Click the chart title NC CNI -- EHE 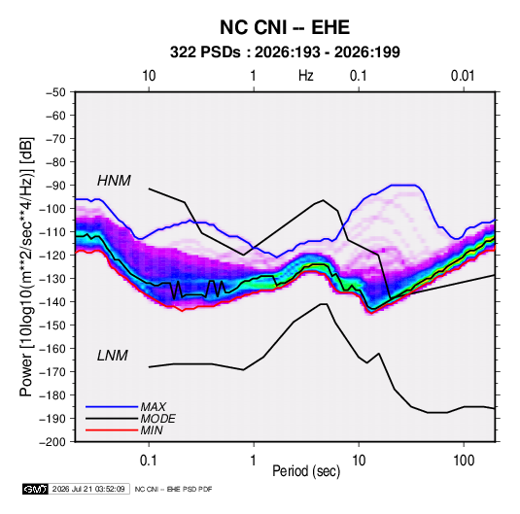[285, 27]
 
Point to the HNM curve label [114, 181]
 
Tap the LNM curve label [113, 356]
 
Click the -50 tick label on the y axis [55, 92]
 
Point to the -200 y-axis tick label [52, 442]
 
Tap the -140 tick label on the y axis [52, 302]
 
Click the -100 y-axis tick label [52, 209]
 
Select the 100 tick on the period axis [464, 461]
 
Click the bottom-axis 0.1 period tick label [149, 461]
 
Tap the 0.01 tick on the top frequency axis [463, 76]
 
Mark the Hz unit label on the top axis [306, 76]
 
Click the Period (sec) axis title [306, 471]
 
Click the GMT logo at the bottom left [36, 489]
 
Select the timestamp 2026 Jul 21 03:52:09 [88, 489]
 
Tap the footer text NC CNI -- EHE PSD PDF [173, 489]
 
